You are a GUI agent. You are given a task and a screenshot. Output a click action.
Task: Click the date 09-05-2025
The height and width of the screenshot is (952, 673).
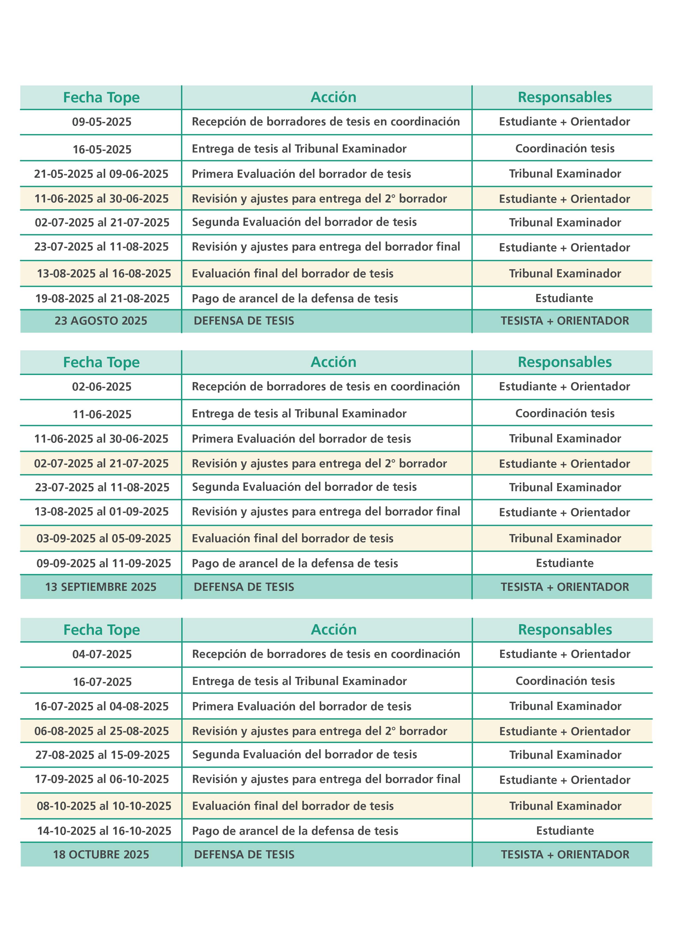click(101, 122)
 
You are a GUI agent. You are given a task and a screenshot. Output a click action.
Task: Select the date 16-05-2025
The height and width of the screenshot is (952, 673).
click(102, 149)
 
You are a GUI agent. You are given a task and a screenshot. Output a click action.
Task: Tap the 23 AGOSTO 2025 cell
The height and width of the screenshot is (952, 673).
click(101, 321)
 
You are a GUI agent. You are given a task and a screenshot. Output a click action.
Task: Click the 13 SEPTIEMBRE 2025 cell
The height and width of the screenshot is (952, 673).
click(101, 587)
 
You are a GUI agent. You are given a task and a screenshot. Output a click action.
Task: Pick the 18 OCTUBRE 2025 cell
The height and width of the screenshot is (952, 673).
click(101, 855)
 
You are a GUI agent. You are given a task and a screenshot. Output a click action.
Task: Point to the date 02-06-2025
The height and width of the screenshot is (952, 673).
click(101, 387)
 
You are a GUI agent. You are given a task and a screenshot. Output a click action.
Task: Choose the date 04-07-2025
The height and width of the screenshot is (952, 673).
click(102, 654)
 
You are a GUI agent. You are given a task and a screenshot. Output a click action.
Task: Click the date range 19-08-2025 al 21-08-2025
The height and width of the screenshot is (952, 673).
click(102, 299)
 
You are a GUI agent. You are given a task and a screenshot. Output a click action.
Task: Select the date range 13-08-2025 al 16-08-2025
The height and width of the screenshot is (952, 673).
click(104, 274)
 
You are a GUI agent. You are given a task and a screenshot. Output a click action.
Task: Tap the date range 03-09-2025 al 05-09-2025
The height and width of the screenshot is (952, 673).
click(104, 539)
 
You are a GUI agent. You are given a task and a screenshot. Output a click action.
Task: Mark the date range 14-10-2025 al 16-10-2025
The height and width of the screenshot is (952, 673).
click(104, 831)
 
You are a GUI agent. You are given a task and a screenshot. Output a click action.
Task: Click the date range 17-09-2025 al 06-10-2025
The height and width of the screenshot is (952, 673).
click(102, 779)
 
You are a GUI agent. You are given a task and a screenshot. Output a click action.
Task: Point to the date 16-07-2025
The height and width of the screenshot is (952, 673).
click(102, 682)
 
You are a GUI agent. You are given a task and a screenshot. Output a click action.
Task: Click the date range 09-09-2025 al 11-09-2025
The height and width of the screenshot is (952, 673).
click(104, 563)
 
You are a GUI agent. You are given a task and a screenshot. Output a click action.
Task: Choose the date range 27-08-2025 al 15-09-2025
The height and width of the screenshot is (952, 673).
click(102, 755)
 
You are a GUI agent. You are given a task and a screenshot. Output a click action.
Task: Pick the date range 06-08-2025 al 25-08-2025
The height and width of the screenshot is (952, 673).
click(101, 731)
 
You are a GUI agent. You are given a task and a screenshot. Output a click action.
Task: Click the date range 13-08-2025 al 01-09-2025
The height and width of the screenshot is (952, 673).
click(101, 512)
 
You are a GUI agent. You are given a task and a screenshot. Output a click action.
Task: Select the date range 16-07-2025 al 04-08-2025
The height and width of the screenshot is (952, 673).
click(101, 706)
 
